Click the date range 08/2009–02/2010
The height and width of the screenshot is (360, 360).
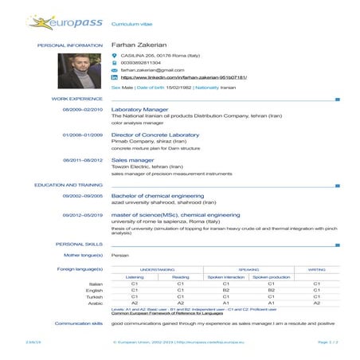pyautogui.click(x=83, y=109)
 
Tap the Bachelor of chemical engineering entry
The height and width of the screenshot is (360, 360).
pyautogui.click(x=158, y=195)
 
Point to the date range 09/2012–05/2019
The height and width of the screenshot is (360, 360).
pyautogui.click(x=83, y=215)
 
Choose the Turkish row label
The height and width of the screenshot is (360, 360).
pyautogui.click(x=96, y=296)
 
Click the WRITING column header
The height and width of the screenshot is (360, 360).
pyautogui.click(x=316, y=270)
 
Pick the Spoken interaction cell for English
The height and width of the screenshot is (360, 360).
pyautogui.click(x=226, y=290)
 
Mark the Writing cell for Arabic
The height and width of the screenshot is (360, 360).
pyautogui.click(x=316, y=303)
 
